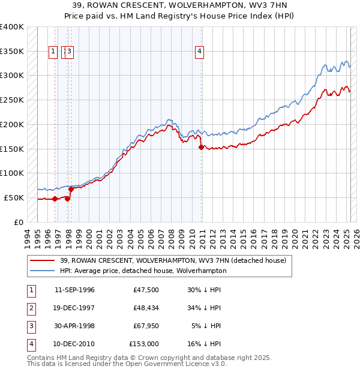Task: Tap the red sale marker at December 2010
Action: click(x=201, y=147)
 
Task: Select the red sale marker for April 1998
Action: click(x=71, y=189)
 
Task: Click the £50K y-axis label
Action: click(x=14, y=197)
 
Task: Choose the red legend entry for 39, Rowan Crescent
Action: click(x=174, y=260)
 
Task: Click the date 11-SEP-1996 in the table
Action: click(x=74, y=290)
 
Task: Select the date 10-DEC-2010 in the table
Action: click(x=74, y=344)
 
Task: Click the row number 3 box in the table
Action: click(x=30, y=326)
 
